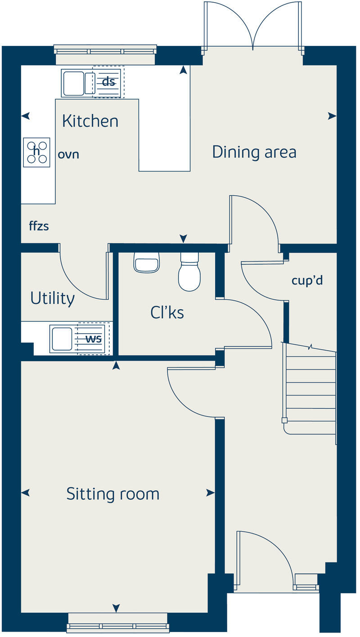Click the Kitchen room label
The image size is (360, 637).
[90, 121]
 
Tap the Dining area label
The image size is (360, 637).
[254, 152]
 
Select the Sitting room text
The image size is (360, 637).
[112, 494]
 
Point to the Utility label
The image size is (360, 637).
[52, 298]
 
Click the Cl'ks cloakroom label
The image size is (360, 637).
[167, 312]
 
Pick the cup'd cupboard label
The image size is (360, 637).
[307, 281]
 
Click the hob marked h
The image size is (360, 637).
[37, 152]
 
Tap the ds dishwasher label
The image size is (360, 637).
[108, 82]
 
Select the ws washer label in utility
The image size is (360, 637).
[94, 339]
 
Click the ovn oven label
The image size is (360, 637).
[68, 154]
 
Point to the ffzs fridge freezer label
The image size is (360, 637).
[39, 226]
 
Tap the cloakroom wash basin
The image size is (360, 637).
[147, 262]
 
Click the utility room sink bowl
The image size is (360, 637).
[62, 339]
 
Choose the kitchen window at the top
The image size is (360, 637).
[105, 50]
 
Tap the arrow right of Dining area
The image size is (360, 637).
[332, 116]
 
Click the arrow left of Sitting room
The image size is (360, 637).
[26, 493]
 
